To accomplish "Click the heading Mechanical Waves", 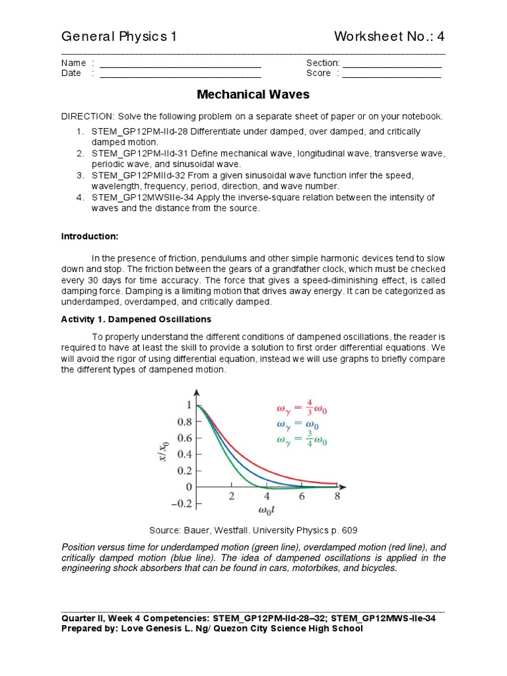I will pos(253,94).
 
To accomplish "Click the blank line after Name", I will pos(180,66).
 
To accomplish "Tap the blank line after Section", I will pos(392,66).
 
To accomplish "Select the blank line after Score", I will pos(392,77).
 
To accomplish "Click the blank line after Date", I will pos(180,77).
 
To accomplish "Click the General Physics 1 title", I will pos(119,36).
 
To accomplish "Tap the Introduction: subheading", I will pos(90,236).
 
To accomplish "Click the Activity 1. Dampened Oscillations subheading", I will pos(136,319).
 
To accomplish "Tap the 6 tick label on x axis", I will pos(302,497).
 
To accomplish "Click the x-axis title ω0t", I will pos(267,513).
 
